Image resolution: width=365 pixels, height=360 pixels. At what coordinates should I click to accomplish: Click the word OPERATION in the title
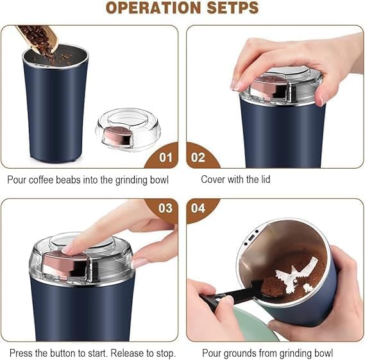(x=153, y=8)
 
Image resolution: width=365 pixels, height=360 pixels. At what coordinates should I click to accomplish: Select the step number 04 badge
(x=199, y=208)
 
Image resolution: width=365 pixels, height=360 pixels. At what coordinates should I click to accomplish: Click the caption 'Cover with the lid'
(x=235, y=180)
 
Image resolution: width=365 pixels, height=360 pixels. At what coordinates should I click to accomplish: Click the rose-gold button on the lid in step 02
(x=262, y=89)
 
